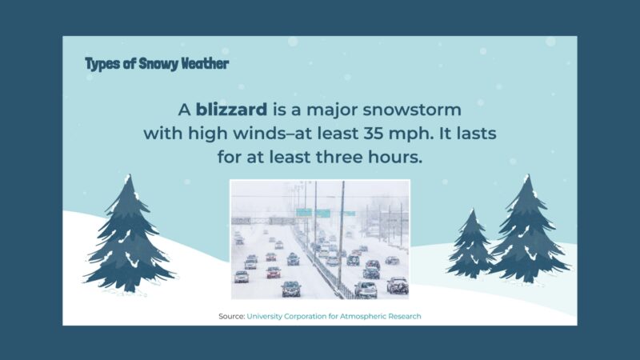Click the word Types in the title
point(102,63)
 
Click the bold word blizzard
point(231,109)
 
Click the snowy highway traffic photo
point(320,239)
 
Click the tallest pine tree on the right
point(527,232)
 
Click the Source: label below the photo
point(231,317)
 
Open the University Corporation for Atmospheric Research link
point(334,317)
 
